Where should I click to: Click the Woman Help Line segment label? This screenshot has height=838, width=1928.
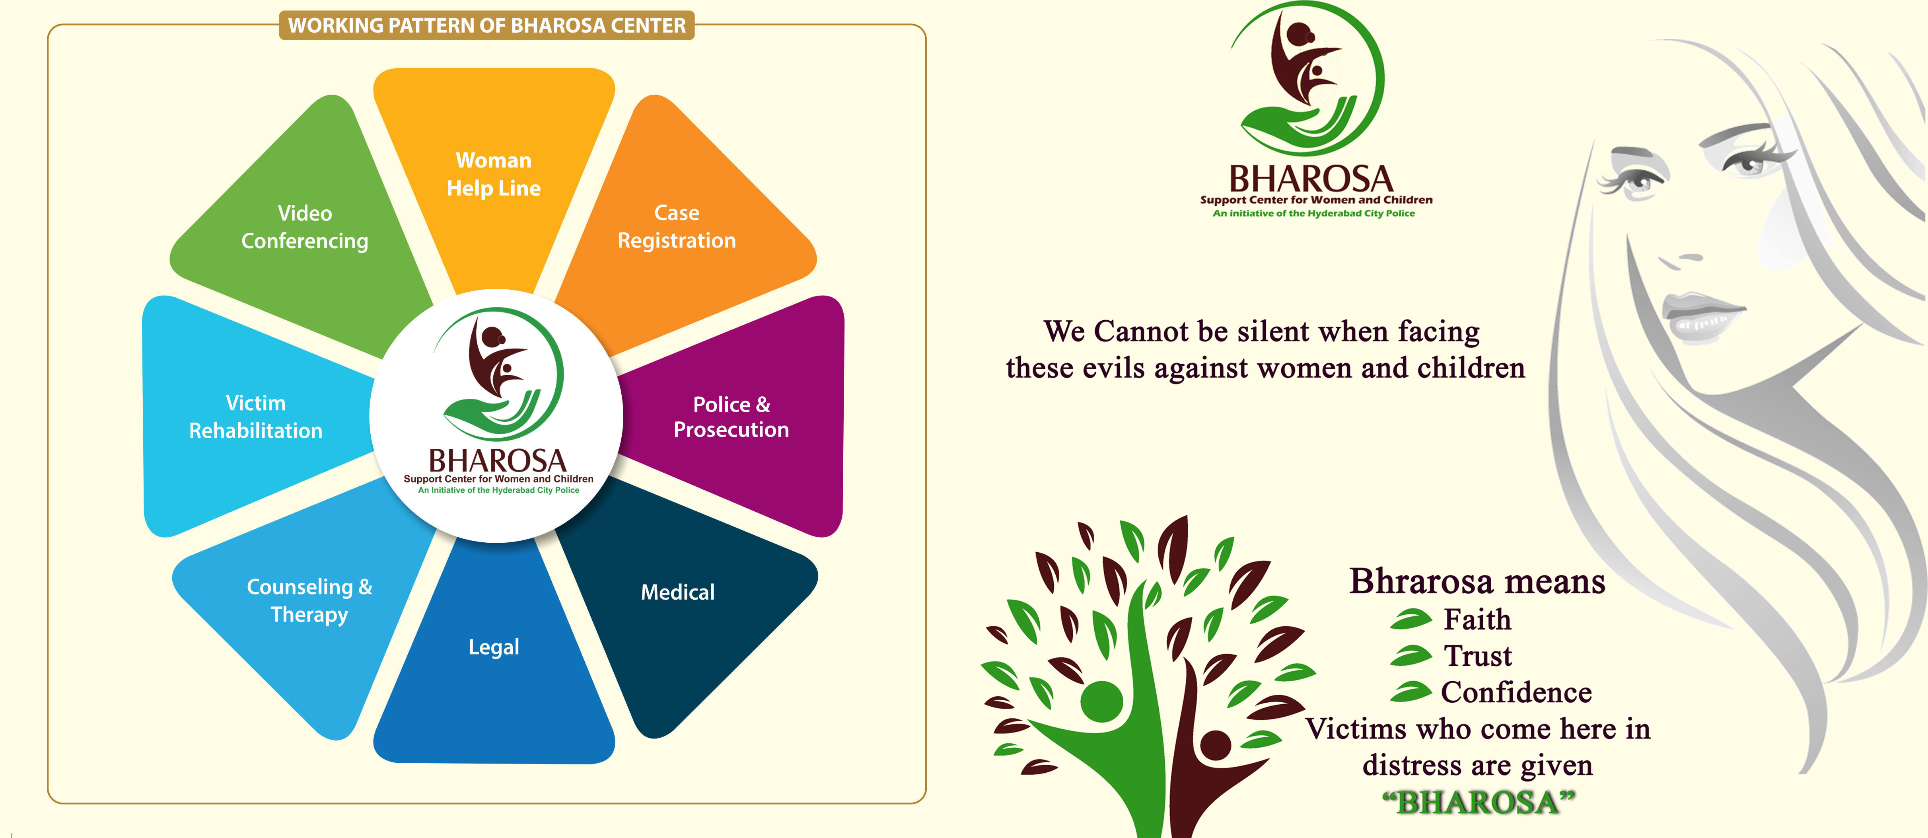pos(494,174)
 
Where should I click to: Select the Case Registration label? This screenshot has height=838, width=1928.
pos(677,226)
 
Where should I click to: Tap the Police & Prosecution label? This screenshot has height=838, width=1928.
pos(731,416)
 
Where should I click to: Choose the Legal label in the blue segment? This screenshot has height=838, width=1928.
pos(494,647)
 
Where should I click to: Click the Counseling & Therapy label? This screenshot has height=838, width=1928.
pos(309,600)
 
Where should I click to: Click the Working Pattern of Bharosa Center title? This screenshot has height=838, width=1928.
pos(486,25)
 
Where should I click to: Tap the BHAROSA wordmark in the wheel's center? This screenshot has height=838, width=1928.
pos(497,460)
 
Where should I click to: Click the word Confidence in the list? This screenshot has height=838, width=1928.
pos(1516,692)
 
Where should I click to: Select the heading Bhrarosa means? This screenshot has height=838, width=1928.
pos(1477,581)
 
